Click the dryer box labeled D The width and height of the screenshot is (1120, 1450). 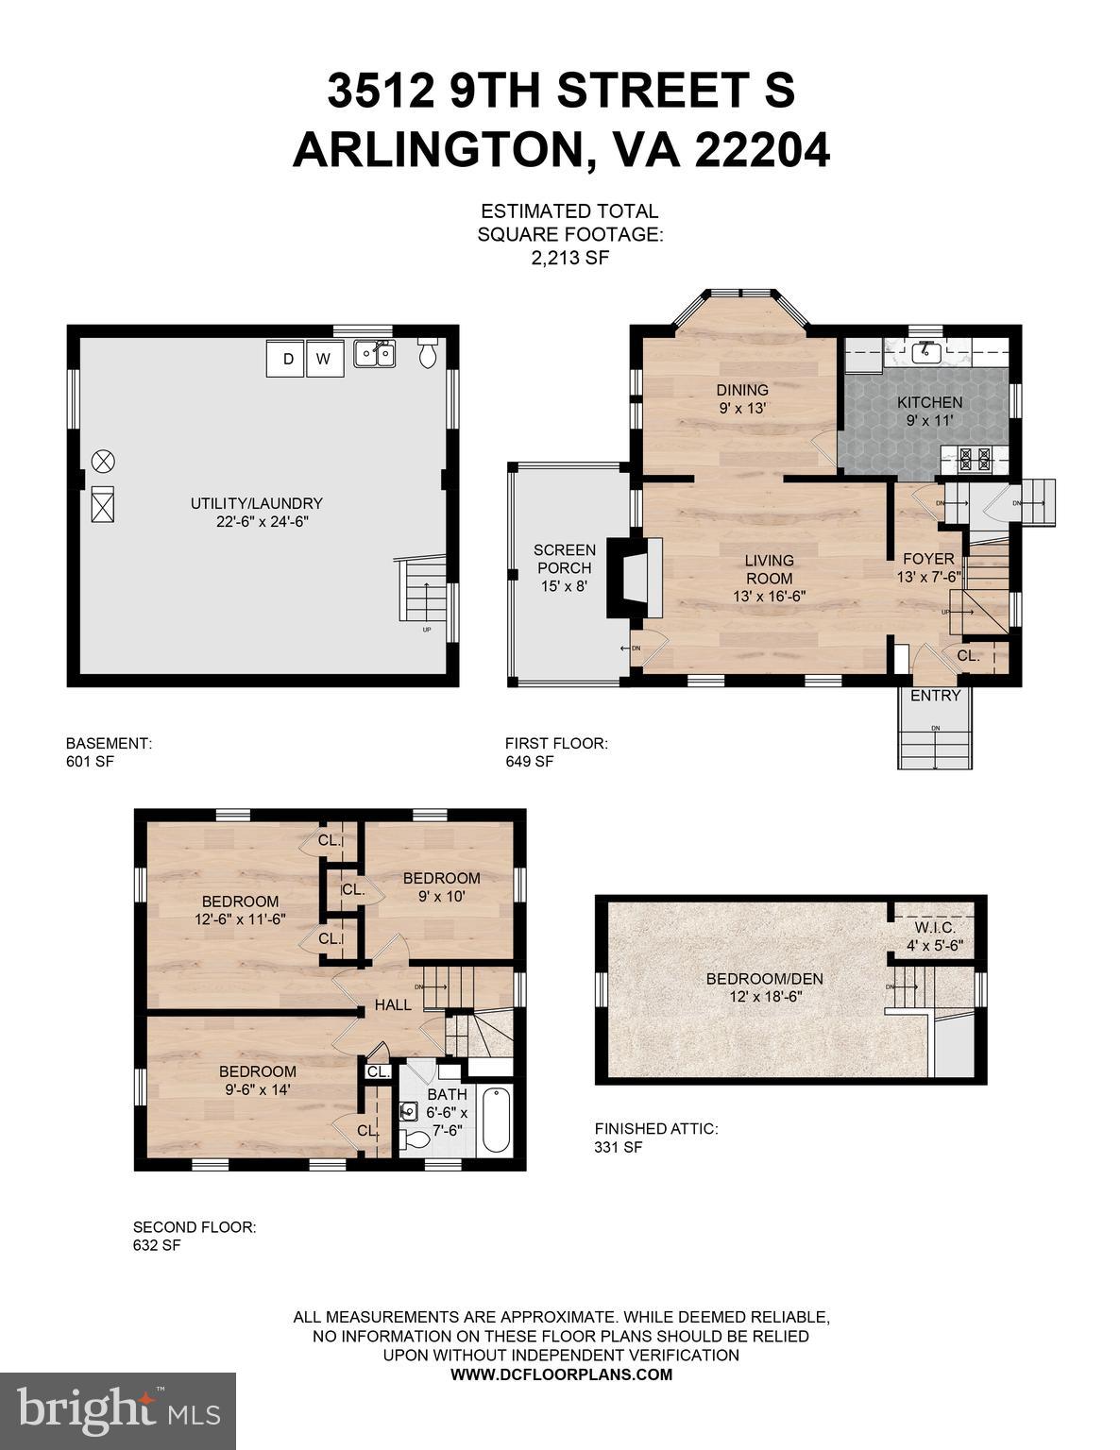[286, 358]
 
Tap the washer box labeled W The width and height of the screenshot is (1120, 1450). [325, 358]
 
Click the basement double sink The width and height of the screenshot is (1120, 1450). [374, 354]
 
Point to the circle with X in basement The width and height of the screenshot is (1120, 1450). [103, 461]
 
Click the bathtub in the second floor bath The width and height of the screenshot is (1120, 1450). [495, 1121]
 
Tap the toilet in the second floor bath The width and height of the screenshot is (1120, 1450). [415, 1139]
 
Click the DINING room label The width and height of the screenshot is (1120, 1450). [741, 390]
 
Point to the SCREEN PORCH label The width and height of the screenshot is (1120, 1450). [564, 559]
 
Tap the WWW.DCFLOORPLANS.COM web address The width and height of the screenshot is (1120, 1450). [561, 1374]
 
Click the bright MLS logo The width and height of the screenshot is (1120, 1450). [118, 1410]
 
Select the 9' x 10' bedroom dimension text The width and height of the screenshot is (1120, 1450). [441, 897]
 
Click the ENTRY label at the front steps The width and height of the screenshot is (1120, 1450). [935, 696]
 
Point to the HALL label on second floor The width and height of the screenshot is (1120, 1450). [393, 1004]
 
